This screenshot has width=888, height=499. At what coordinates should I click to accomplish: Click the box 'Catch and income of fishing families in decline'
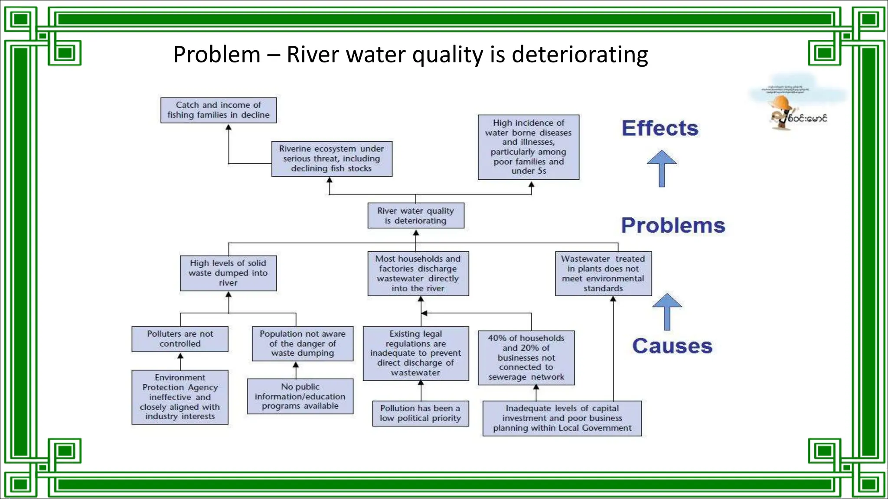click(x=219, y=110)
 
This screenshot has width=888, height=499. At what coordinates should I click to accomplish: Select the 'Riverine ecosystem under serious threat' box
click(x=332, y=159)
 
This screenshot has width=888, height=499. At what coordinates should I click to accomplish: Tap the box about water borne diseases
click(x=528, y=147)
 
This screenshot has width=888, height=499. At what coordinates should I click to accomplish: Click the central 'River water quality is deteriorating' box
click(x=416, y=216)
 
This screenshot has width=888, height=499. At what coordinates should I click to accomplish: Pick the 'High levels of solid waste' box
click(x=228, y=273)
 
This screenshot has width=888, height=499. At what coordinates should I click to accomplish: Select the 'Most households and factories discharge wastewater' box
click(x=418, y=273)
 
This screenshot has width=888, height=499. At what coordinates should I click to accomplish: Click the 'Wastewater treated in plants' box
click(x=603, y=273)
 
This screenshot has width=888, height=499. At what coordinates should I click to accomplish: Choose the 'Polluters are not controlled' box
click(x=180, y=339)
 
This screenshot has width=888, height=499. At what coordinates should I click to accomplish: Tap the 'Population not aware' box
click(x=303, y=343)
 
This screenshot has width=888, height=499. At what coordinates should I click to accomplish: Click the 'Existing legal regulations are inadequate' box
click(x=416, y=353)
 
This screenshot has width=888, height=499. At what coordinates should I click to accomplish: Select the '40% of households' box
click(x=526, y=358)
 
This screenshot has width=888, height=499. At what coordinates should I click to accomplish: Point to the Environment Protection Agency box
click(x=180, y=397)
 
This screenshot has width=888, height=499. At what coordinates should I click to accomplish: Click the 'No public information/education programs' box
click(x=300, y=396)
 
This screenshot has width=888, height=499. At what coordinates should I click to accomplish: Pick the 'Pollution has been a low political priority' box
click(x=421, y=413)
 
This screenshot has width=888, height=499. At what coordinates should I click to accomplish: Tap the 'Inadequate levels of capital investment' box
click(x=562, y=418)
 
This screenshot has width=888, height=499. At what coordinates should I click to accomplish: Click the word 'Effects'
click(x=660, y=128)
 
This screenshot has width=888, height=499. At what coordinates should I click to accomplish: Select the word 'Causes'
click(x=672, y=346)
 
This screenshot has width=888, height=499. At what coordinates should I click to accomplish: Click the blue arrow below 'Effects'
click(x=662, y=168)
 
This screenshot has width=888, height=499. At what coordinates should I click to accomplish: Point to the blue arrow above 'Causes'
click(x=667, y=311)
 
